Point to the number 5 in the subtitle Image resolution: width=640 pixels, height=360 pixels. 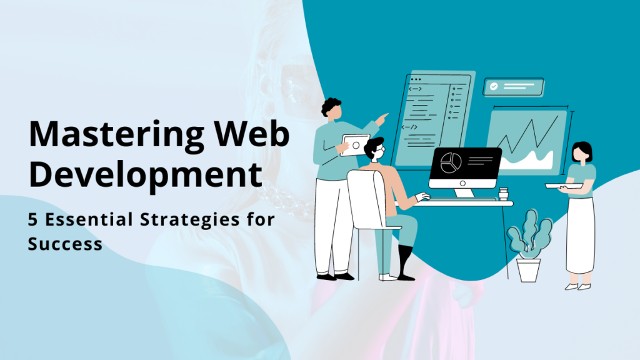pos(32,219)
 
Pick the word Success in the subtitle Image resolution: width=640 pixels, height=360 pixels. pos(65,244)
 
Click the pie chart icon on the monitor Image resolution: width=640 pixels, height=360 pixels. pos(451,163)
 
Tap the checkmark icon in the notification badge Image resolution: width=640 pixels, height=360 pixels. pos(494,86)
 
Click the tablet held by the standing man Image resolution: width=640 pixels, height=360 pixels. pos(354,145)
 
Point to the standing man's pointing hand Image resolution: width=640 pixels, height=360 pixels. pos(382,119)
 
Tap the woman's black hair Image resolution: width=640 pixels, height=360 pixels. pos(582,150)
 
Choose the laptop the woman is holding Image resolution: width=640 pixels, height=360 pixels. pos(564,186)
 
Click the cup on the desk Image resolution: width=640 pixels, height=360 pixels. pos(504,194)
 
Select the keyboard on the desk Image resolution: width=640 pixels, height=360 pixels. pos(463,199)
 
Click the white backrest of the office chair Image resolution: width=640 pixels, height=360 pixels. pos(366,199)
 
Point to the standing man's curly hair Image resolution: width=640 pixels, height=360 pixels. pos(331,106)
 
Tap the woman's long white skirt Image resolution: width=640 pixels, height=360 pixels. pos(580,236)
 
